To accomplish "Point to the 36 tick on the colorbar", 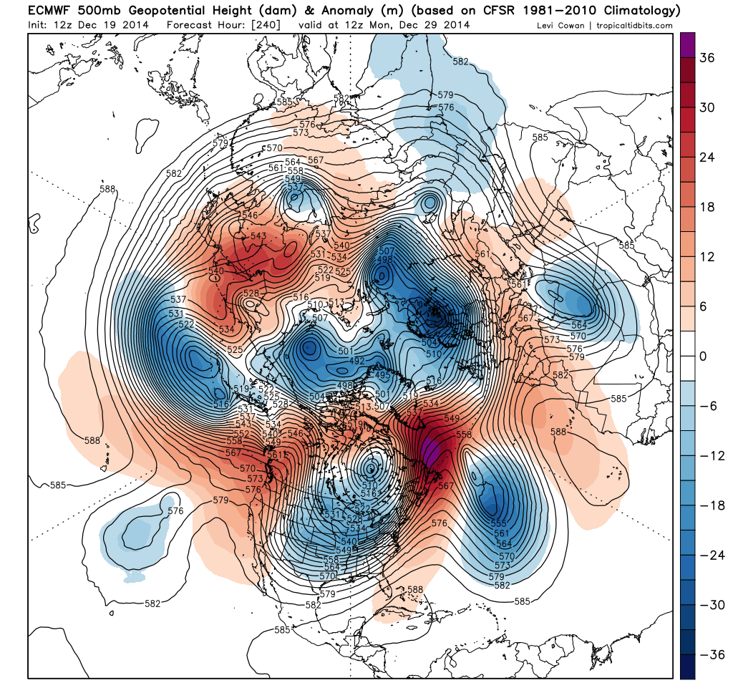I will coord(707,58).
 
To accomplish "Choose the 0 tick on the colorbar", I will coord(703,356).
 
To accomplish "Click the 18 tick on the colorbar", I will coord(707,207).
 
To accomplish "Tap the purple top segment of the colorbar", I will coord(688,46).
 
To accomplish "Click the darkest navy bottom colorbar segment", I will coord(688,666).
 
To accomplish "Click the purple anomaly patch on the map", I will coord(430,451).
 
